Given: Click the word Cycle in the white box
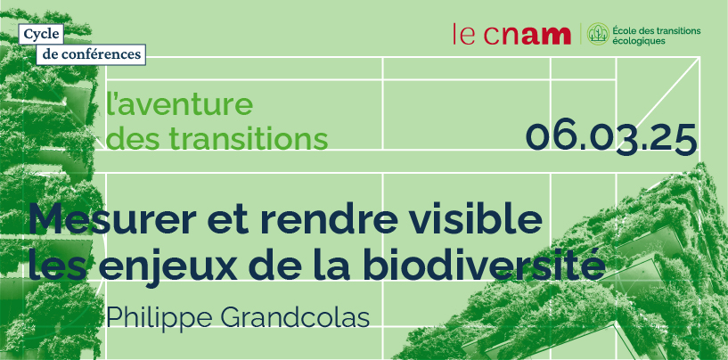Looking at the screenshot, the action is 41,33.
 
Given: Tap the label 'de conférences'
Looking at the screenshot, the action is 91,53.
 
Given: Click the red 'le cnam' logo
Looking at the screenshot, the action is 512,35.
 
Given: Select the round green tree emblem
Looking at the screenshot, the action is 598,34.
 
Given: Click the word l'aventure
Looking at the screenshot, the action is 180,105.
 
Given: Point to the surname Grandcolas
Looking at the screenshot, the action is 295,317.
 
